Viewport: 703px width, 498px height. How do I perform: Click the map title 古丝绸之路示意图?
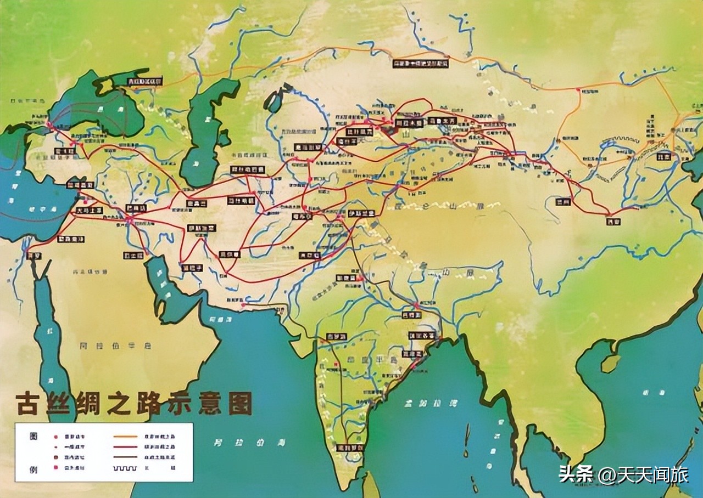click(x=133, y=404)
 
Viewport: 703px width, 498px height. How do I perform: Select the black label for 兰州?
click(x=563, y=201)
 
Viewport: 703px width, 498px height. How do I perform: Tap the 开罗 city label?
click(x=34, y=256)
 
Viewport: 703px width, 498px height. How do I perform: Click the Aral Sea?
click(x=273, y=101)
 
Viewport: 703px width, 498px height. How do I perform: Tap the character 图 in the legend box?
click(x=34, y=435)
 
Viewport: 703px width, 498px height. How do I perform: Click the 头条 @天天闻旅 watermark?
click(x=623, y=474)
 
